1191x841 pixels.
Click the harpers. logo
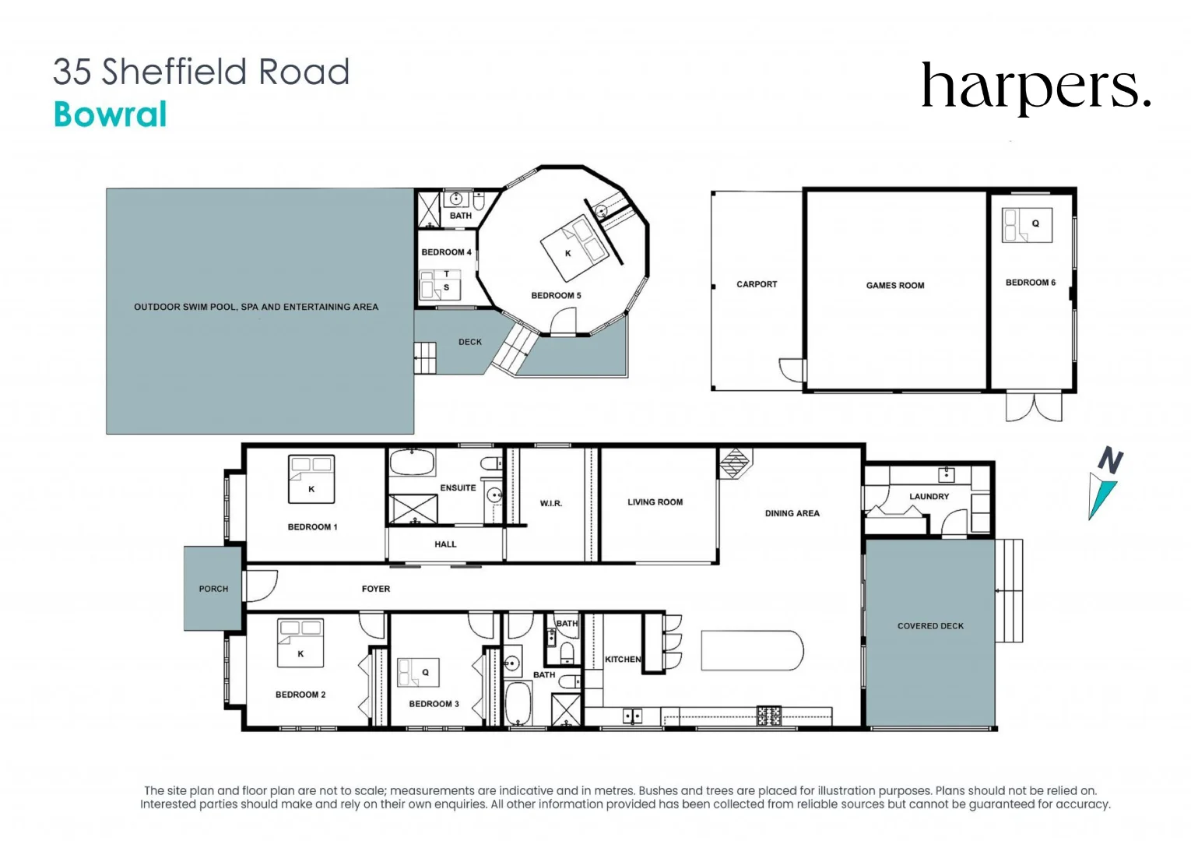1035,87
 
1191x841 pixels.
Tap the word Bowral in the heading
111,114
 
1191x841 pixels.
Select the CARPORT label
757,284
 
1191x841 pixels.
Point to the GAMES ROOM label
895,286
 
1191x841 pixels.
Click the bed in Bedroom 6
1026,225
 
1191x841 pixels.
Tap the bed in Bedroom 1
311,479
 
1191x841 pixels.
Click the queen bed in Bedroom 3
418,673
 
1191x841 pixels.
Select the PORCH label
213,589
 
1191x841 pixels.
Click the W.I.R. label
551,504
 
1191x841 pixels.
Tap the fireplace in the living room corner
734,462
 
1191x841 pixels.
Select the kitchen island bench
752,650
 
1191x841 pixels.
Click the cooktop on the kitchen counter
769,716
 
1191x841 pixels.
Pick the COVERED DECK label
930,626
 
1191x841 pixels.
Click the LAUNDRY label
929,496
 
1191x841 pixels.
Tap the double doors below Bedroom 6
1034,406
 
